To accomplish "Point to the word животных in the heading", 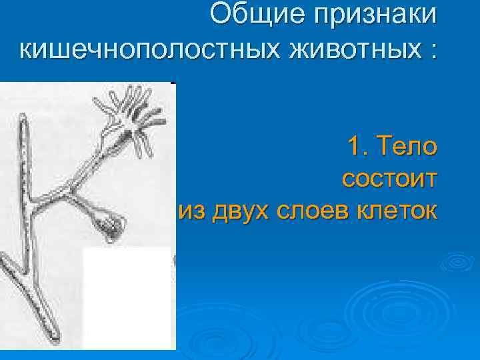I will [342, 50].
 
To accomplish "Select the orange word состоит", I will [389, 178].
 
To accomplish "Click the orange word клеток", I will [401, 211].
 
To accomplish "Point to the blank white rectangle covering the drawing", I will [127, 297].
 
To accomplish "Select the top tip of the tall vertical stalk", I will [23, 121].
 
